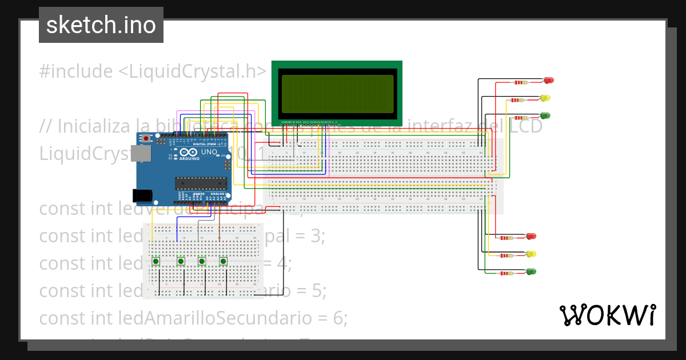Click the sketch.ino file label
pos(101,25)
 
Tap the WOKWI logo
pos(607,315)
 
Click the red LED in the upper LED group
pos(549,81)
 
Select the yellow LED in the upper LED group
pos(545,98)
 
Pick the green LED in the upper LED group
pos(545,115)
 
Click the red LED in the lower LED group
pos(531,236)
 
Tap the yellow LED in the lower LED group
pos(531,254)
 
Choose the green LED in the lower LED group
pos(531,271)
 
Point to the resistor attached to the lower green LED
pos(505,273)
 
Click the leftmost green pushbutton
pos(155,262)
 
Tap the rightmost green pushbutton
pos(224,262)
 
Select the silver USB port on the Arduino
pos(138,153)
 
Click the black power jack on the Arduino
pos(142,196)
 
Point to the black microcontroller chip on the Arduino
pos(200,182)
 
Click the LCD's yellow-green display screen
pos(337,93)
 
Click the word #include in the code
pos(76,71)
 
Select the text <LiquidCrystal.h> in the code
pos(192,71)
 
